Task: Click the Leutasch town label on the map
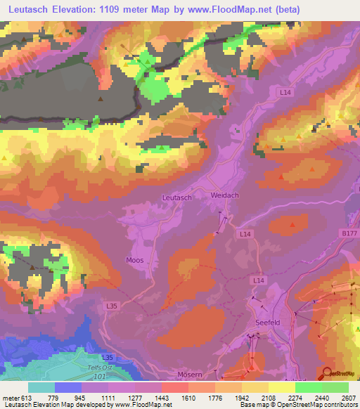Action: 176,198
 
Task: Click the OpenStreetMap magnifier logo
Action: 326,373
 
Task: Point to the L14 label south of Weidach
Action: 244,233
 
